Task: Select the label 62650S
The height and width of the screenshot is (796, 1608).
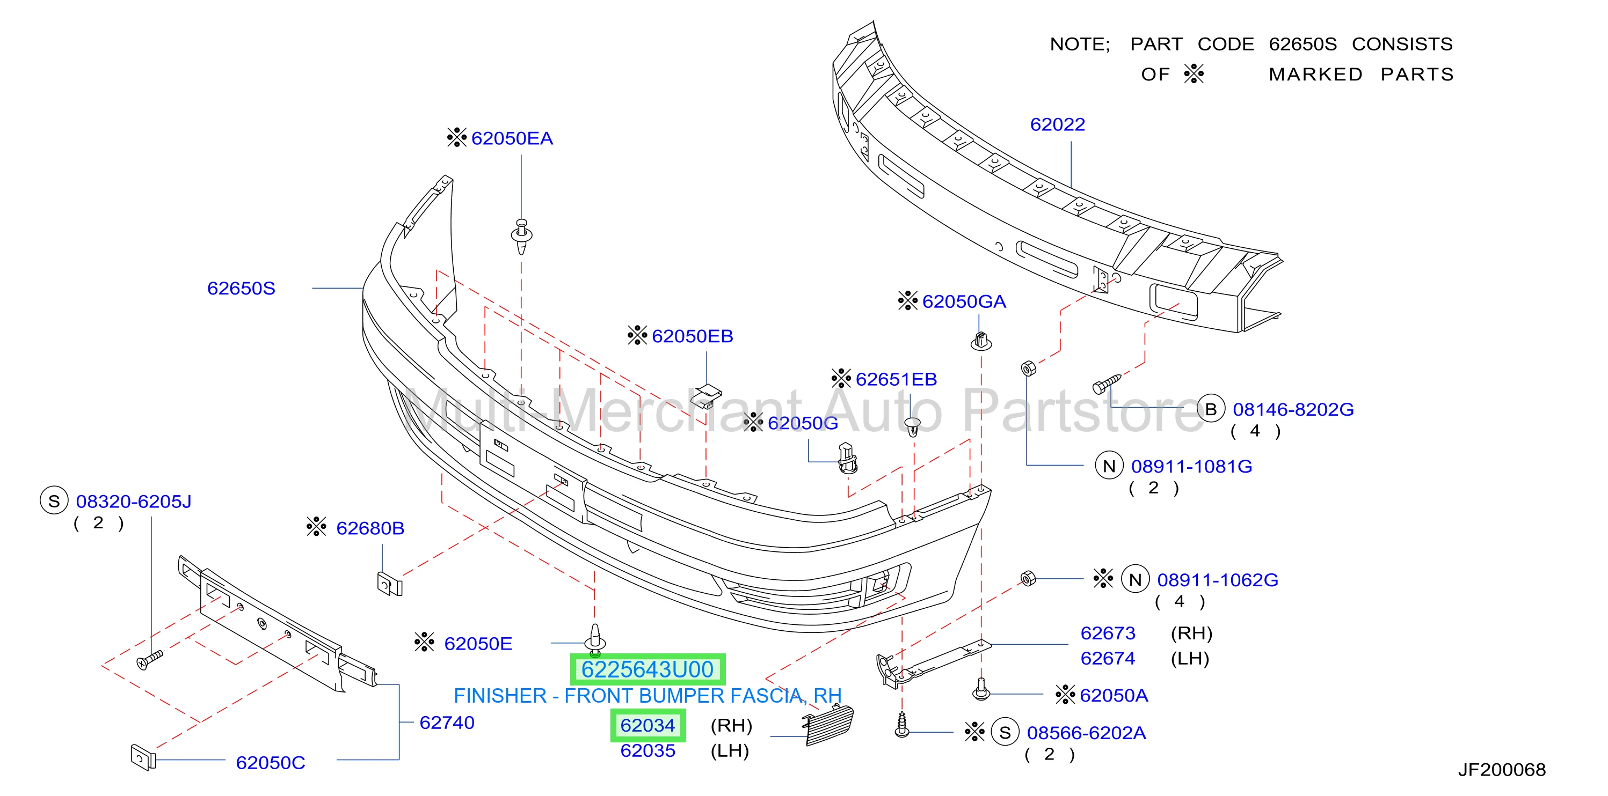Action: click(x=241, y=288)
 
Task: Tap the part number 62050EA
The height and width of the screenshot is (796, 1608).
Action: click(x=512, y=138)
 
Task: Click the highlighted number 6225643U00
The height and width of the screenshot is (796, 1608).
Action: click(x=647, y=669)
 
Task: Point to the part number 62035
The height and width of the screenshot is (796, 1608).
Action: click(x=648, y=750)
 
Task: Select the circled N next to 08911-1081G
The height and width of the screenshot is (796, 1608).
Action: click(x=1109, y=466)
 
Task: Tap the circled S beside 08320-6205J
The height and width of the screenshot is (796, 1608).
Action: click(x=54, y=501)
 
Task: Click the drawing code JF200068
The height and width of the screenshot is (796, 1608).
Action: click(x=1502, y=769)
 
